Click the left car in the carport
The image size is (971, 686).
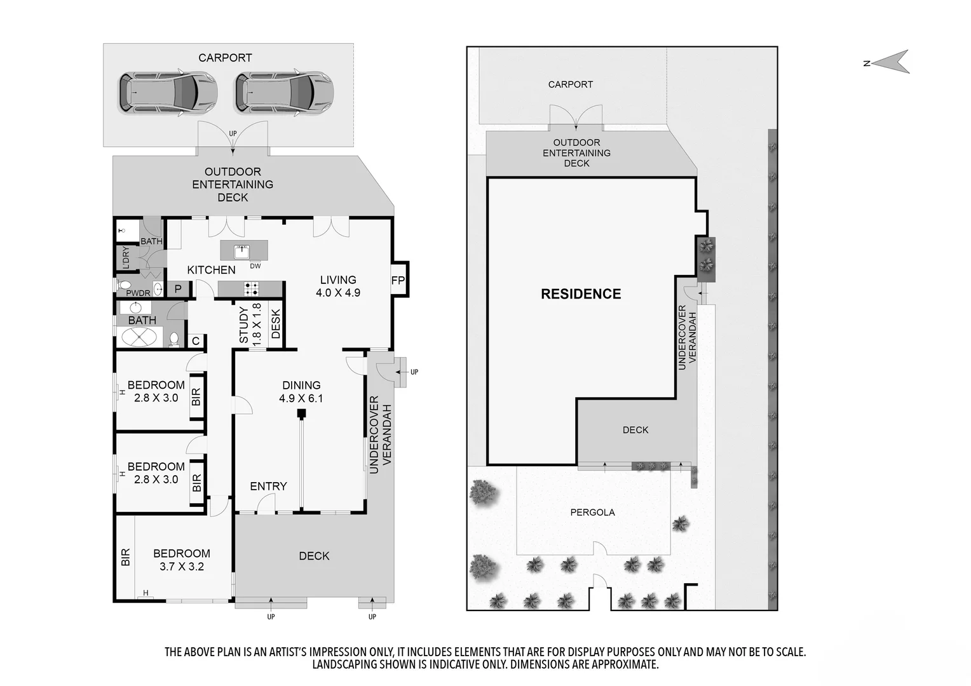click(168, 93)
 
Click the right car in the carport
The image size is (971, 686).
click(284, 93)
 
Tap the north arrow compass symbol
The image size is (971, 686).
click(891, 62)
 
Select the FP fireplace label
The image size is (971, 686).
click(398, 281)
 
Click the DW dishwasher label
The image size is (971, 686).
click(255, 266)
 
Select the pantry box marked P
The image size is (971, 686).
click(178, 289)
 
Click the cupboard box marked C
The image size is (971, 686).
click(196, 341)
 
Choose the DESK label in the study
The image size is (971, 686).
click(276, 323)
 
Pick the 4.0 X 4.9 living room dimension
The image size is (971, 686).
click(338, 293)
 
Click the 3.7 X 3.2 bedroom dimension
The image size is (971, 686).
click(182, 567)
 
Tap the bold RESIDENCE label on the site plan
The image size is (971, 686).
click(581, 294)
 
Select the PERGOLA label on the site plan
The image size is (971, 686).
click(592, 512)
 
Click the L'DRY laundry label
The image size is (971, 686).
click(126, 258)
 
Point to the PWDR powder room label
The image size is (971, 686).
click(138, 293)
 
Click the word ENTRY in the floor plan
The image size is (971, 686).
click(268, 487)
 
